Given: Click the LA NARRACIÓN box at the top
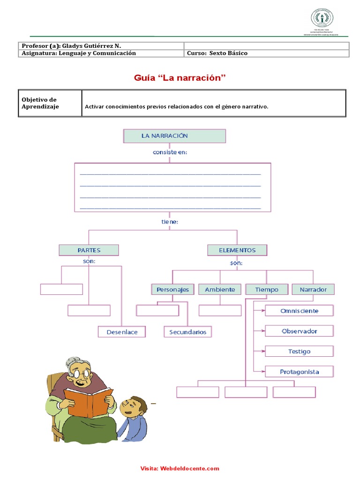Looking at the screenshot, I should tap(174, 136).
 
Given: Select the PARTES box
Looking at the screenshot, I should tap(89, 250).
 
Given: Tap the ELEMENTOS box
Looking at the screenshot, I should tap(237, 250).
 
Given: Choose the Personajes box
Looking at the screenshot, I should tap(172, 289).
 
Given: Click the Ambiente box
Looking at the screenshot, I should tap(220, 289).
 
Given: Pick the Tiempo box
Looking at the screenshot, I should tap(266, 289).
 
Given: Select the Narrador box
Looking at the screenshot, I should tap(313, 289).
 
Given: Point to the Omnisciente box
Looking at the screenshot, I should tap(299, 311).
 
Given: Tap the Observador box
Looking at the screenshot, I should tap(299, 331).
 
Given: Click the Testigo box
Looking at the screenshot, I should tap(299, 351).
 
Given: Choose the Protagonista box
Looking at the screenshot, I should tap(299, 372).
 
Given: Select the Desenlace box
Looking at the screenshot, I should tap(122, 332).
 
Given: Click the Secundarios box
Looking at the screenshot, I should tap(187, 332).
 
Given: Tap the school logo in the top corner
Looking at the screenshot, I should tap(322, 19).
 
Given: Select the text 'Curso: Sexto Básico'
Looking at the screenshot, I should tap(217, 53).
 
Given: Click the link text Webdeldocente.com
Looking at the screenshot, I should tap(189, 468).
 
